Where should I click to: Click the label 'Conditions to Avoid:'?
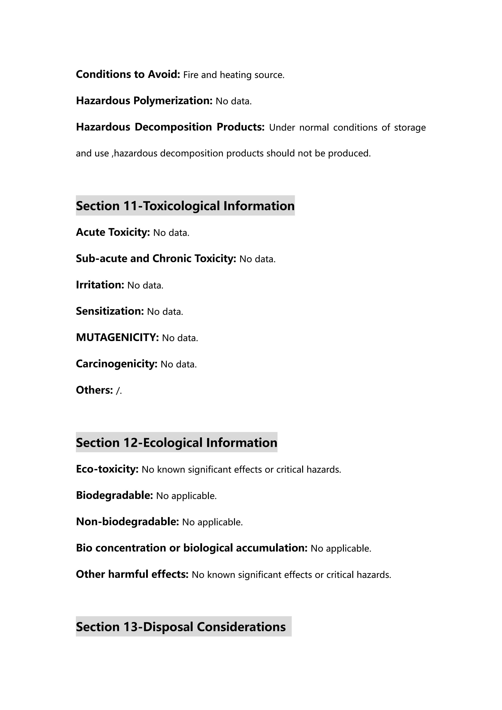coord(128,74)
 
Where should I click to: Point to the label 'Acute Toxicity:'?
coord(113,232)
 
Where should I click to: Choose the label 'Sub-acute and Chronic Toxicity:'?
coord(156,259)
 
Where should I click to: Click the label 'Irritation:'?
coord(100,285)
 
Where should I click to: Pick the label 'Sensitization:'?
coord(110,311)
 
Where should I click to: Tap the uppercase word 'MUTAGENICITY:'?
coord(117,337)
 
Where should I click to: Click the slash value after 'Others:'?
coord(118,391)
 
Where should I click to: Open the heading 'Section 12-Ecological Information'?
coord(176,442)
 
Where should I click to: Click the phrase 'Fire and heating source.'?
coord(234,75)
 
